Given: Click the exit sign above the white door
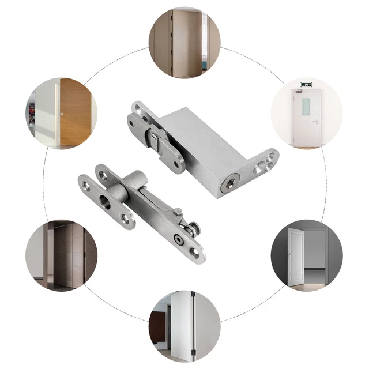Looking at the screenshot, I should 306,85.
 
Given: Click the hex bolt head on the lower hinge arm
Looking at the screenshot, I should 180,238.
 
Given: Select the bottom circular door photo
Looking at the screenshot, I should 184,325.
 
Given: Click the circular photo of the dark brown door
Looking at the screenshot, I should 62,255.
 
